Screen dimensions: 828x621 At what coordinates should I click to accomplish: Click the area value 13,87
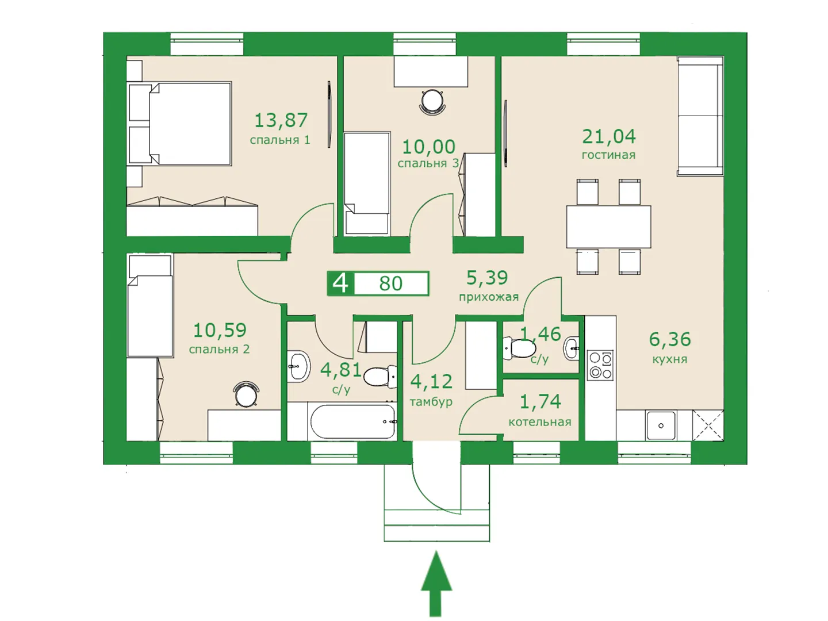point(281,121)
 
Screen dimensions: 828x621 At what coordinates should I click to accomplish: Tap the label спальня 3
point(428,163)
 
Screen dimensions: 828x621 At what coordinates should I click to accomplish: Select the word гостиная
point(608,155)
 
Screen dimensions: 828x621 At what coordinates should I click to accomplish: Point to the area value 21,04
point(609,136)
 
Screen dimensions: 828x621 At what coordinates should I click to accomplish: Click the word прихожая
point(489,297)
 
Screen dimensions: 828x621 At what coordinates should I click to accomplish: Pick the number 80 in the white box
point(391,283)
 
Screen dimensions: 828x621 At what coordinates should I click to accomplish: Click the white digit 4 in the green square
point(340,283)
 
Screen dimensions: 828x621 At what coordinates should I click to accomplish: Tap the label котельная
point(540,422)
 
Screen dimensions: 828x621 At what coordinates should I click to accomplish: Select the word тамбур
point(431,402)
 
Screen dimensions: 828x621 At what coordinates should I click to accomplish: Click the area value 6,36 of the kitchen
point(670,339)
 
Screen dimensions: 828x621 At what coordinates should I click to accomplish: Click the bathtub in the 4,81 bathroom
point(352,421)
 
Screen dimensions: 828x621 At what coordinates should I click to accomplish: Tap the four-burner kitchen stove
point(600,365)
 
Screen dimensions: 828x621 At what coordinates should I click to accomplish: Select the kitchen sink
point(661,425)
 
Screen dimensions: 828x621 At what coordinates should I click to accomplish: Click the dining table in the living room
point(608,227)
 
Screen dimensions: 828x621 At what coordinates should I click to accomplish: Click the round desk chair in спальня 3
point(432,102)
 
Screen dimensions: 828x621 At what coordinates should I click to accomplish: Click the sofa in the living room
point(700,116)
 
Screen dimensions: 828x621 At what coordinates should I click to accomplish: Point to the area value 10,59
point(220,330)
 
